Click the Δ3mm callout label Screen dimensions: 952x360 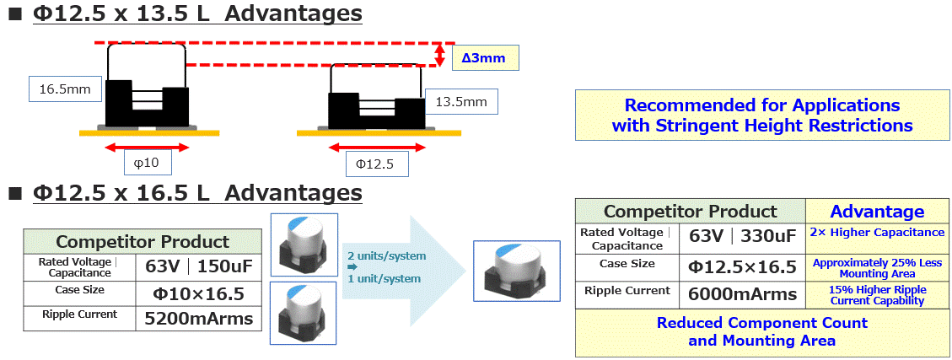coord(487,57)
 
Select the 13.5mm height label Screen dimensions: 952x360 coord(461,101)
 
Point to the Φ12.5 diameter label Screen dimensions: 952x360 coord(377,164)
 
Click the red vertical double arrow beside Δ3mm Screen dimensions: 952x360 coord(441,54)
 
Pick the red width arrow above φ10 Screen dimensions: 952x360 coord(147,147)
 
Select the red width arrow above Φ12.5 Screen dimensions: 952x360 coord(377,148)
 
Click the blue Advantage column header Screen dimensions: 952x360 coord(877,212)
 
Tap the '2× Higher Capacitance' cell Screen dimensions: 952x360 coord(877,233)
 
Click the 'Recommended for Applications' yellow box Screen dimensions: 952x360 coord(762,115)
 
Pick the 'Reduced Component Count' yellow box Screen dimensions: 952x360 coord(762,332)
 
